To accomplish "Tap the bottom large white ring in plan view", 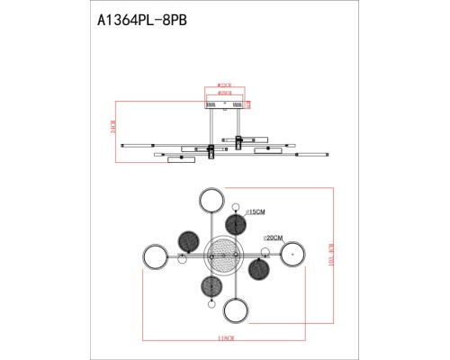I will (x=236, y=311).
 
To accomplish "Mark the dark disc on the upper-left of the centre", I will (x=188, y=240).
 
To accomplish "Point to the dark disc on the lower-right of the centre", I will (x=258, y=269).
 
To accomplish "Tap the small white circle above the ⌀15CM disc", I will (x=237, y=205).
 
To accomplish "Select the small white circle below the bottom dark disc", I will (x=211, y=305).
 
